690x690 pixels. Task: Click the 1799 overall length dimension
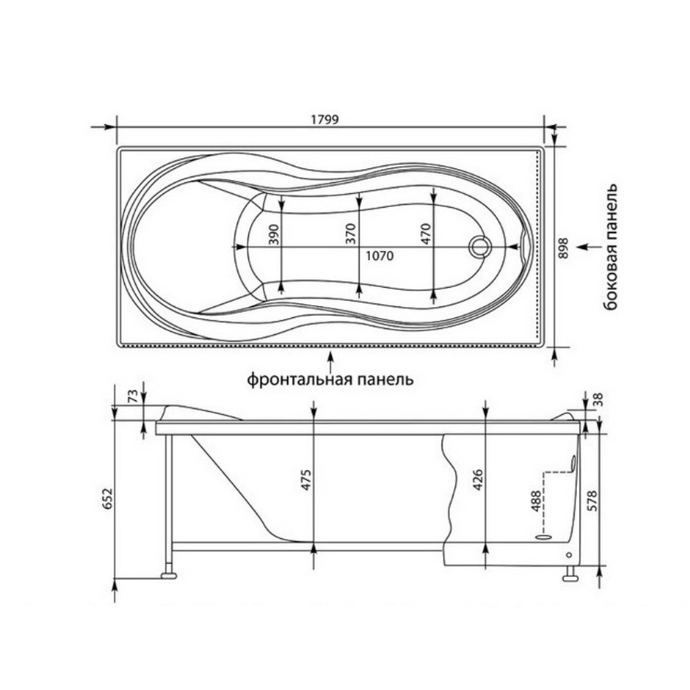pyautogui.click(x=325, y=119)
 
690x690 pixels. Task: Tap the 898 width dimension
pyautogui.click(x=563, y=248)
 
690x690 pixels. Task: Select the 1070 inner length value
pyautogui.click(x=379, y=256)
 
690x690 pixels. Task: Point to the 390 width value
pyautogui.click(x=273, y=235)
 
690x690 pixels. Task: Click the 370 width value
pyautogui.click(x=350, y=234)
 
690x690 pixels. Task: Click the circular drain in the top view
pyautogui.click(x=480, y=246)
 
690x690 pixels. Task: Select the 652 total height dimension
pyautogui.click(x=108, y=499)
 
